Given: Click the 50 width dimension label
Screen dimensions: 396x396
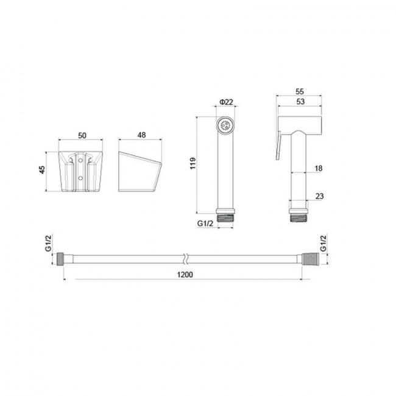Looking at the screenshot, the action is [x=82, y=136].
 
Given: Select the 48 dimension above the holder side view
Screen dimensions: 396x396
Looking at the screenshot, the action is [x=141, y=135].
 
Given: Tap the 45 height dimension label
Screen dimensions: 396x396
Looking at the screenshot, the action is [x=42, y=169].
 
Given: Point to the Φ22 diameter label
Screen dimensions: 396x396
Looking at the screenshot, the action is [x=226, y=102].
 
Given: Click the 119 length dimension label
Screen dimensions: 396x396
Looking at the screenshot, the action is [x=193, y=163].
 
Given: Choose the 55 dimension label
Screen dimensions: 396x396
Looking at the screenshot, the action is [x=300, y=91].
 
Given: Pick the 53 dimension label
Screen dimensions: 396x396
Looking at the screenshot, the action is [x=300, y=102].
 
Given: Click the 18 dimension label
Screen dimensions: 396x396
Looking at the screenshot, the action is [x=319, y=168].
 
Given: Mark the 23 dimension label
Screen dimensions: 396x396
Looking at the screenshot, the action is [x=319, y=196].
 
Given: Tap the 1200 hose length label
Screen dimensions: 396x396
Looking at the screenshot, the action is [x=185, y=275].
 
